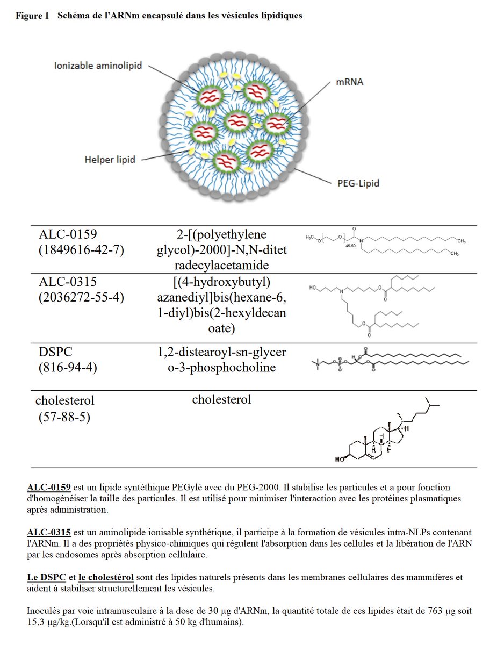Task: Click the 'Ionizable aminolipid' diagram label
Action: point(98,66)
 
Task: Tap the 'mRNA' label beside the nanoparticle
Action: point(350,82)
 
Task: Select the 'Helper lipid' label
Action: point(110,160)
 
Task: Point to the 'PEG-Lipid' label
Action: point(358,183)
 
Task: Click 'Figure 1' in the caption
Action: point(32,16)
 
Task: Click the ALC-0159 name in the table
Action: point(68,234)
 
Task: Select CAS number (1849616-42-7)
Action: point(81,249)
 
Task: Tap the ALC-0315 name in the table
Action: point(68,282)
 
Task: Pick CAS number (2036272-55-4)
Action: point(81,297)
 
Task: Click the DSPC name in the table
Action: point(55,352)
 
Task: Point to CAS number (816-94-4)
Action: point(68,368)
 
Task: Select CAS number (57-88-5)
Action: point(64,417)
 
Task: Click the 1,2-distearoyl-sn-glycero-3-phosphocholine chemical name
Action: point(222,360)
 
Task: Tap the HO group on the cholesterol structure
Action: point(340,459)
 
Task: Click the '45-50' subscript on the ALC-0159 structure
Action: point(350,246)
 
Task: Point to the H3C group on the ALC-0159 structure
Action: point(310,237)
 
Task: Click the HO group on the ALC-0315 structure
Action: point(313,288)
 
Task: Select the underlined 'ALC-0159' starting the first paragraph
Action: point(49,487)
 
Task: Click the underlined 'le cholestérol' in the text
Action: point(106,577)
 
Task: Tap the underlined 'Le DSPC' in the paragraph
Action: point(46,577)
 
